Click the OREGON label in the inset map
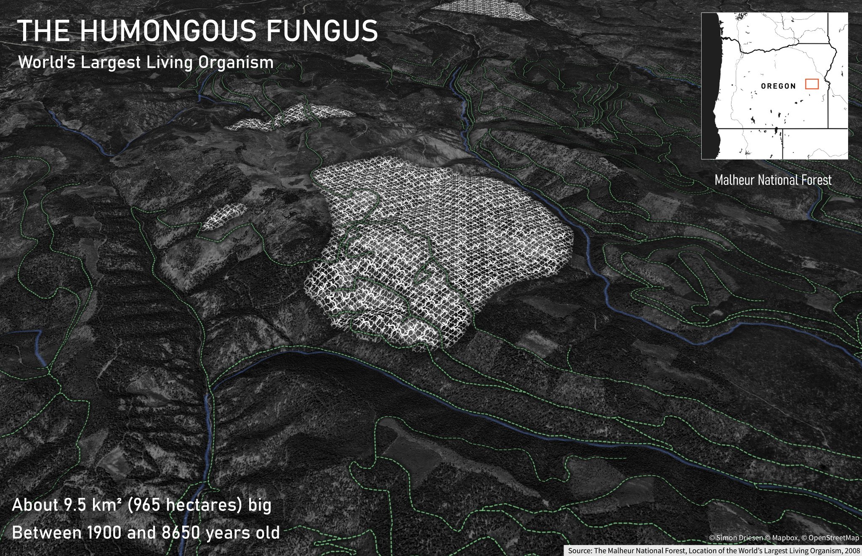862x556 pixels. click(778, 86)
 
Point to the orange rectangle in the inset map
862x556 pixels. click(811, 84)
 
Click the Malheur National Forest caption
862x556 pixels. click(773, 180)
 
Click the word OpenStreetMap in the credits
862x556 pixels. click(833, 538)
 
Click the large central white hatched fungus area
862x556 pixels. click(442, 244)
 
